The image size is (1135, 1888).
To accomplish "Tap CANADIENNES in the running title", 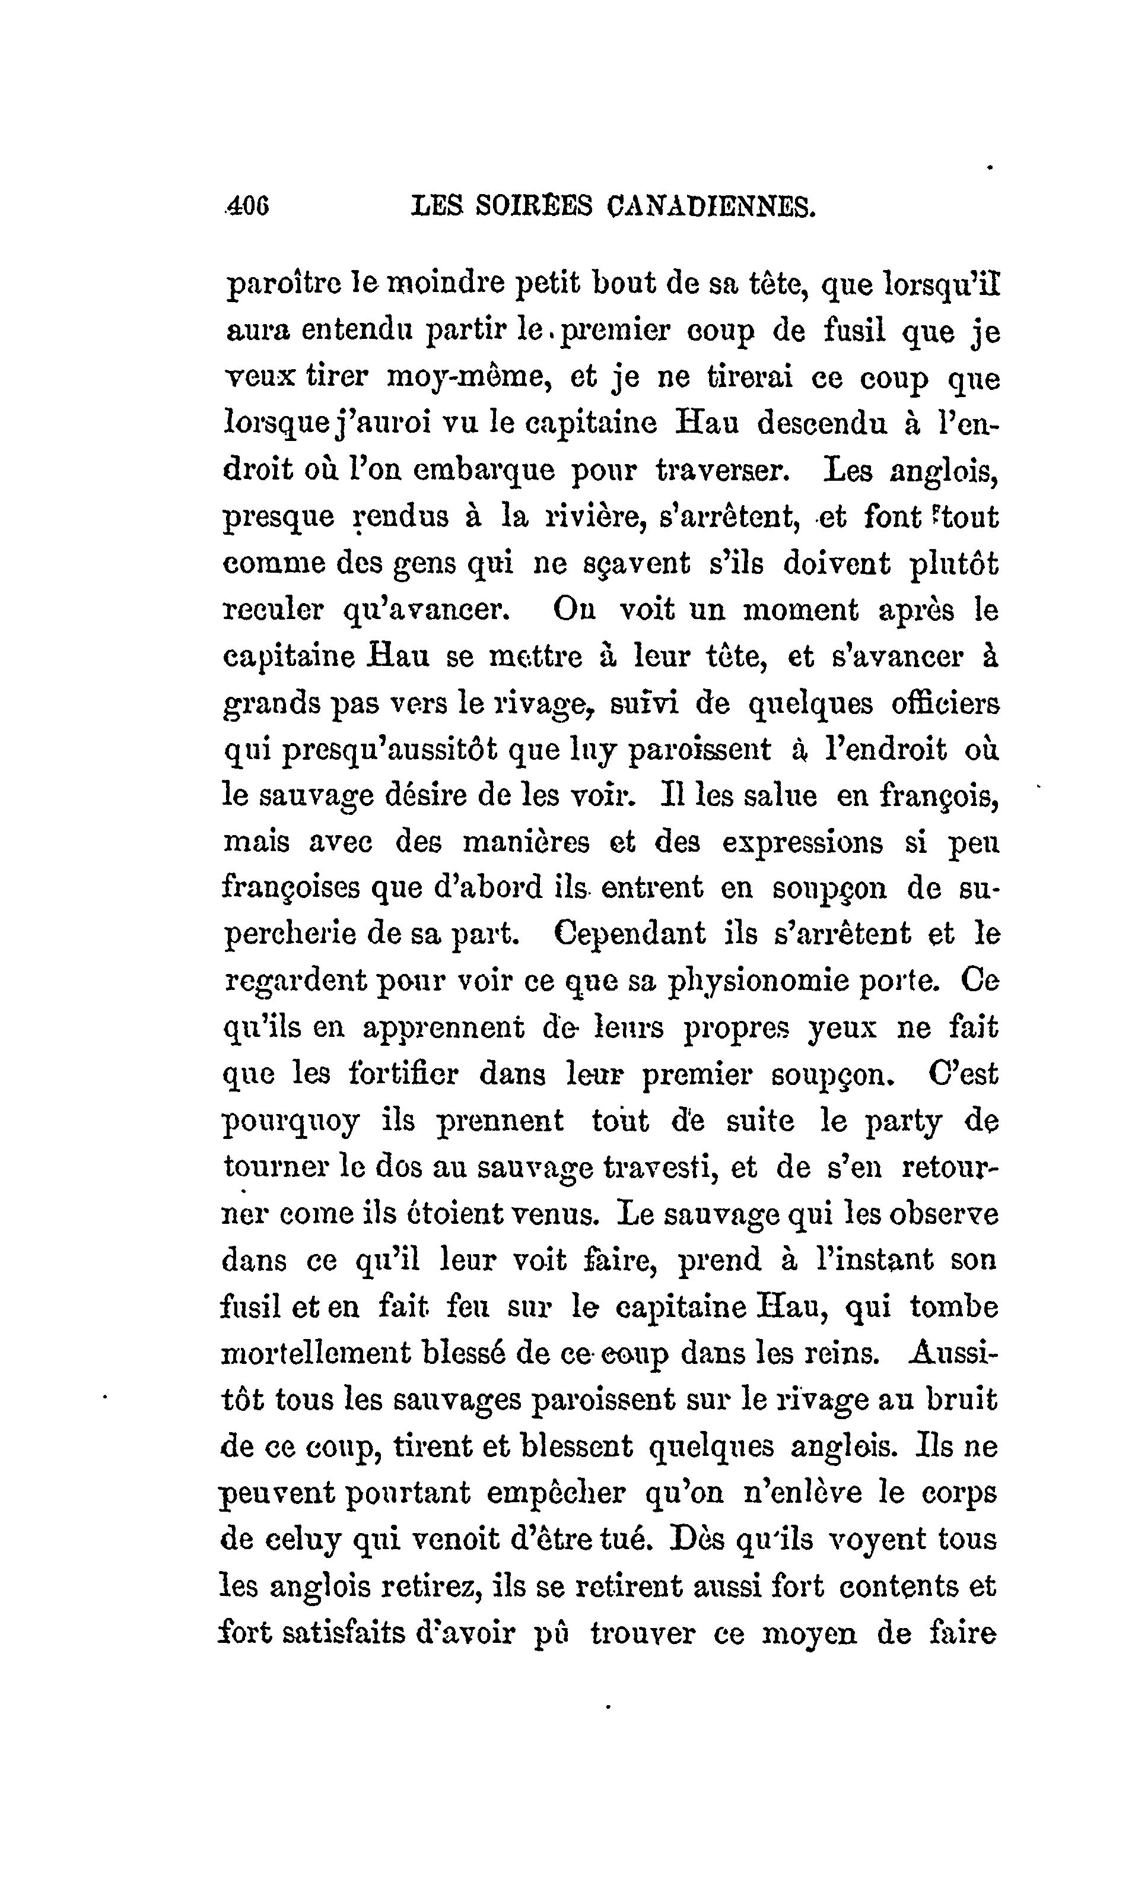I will coord(712,206).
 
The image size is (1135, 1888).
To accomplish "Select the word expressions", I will coord(803,842).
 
